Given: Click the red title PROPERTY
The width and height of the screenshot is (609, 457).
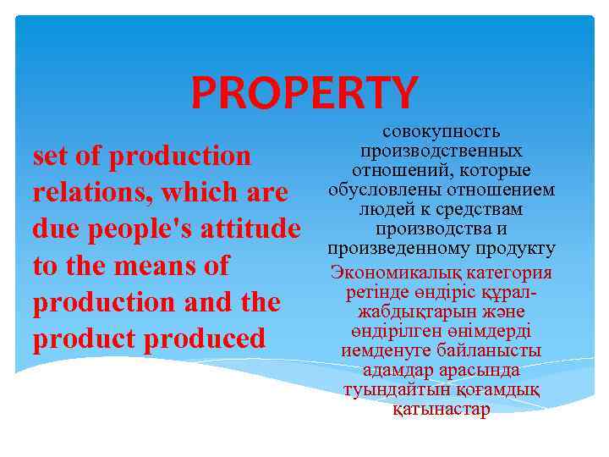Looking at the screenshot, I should click(304, 92).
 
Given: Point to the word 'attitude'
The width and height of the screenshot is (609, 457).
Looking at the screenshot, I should click(253, 229).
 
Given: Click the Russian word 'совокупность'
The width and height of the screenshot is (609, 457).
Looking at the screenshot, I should click(441, 132).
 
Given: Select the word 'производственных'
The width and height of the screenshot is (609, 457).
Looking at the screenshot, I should click(441, 151).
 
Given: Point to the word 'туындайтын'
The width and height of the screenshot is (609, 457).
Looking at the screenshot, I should click(390, 390).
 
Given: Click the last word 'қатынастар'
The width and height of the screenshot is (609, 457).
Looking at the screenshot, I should click(441, 410).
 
